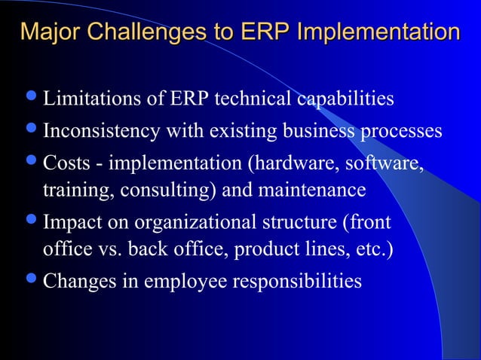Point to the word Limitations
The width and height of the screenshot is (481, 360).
click(x=88, y=99)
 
